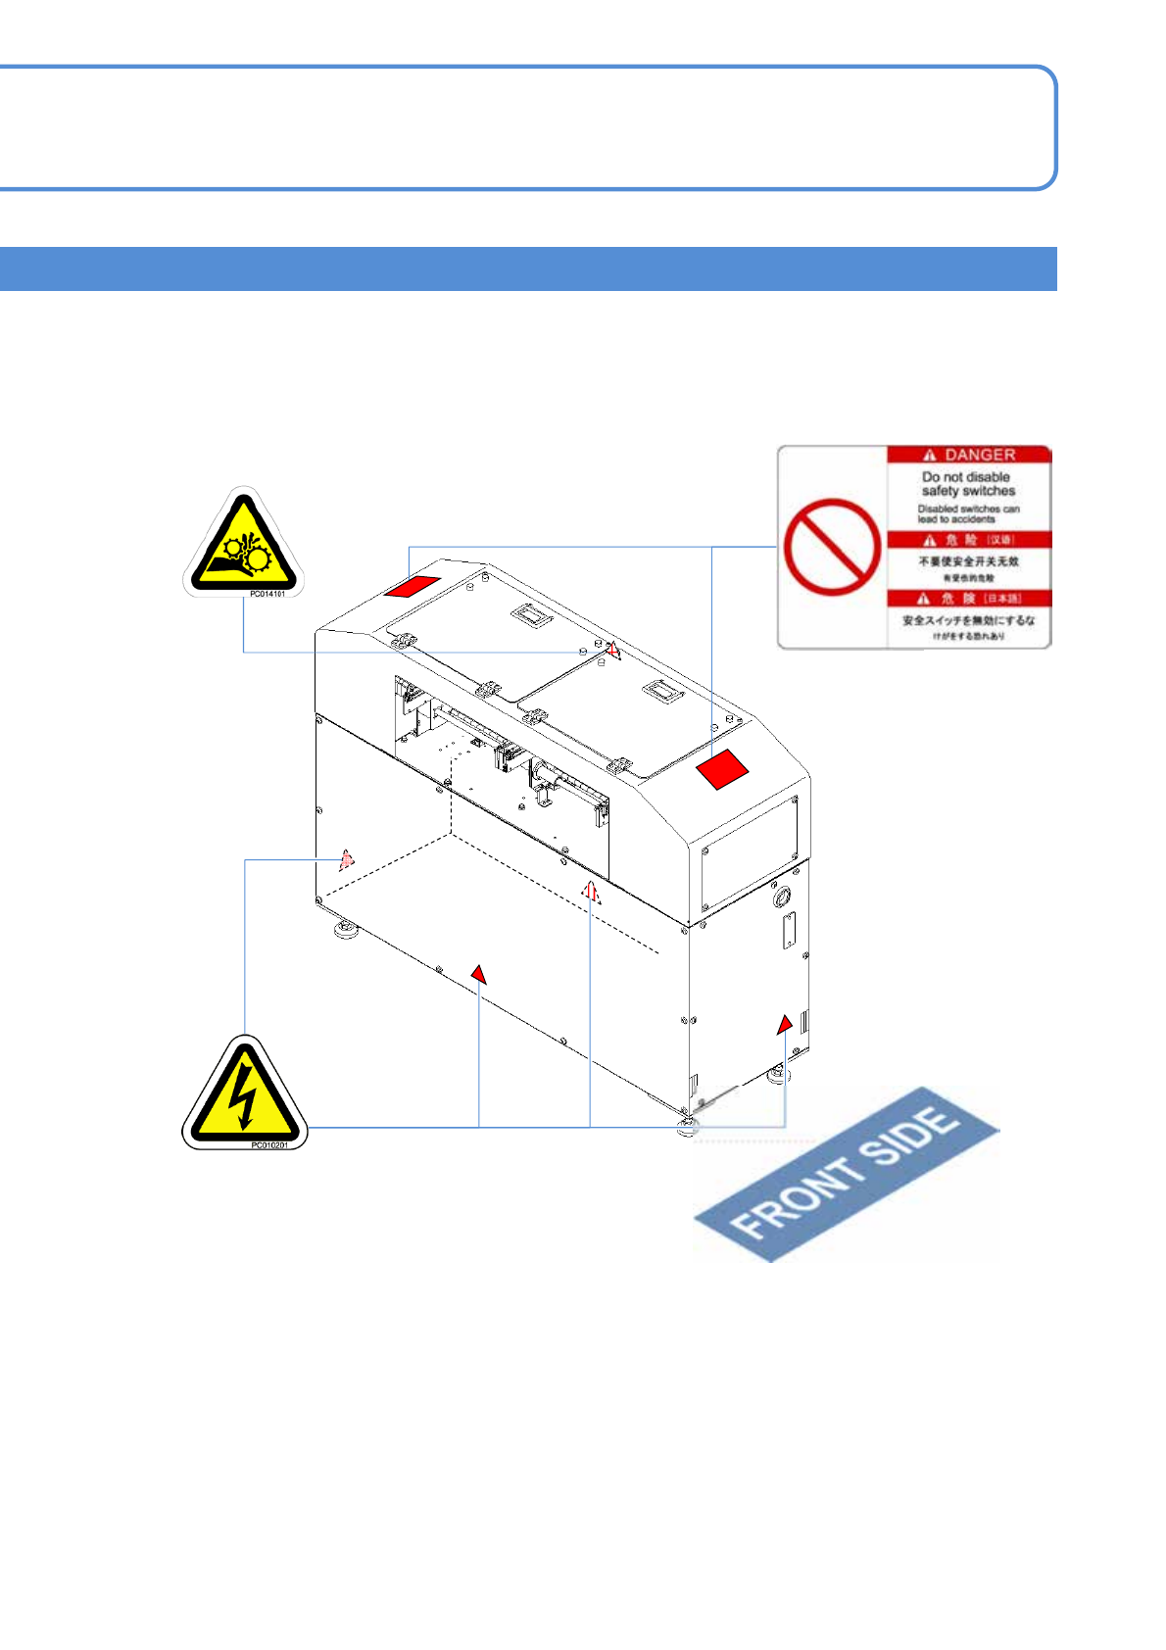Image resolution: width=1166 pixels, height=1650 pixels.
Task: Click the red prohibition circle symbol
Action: click(832, 547)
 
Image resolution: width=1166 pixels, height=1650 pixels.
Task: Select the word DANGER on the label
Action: click(979, 455)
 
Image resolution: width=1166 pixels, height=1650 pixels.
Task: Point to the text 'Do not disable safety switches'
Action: click(968, 484)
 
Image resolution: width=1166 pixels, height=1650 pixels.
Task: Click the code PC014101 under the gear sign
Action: click(267, 594)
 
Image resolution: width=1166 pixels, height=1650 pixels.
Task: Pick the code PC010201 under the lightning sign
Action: click(268, 1144)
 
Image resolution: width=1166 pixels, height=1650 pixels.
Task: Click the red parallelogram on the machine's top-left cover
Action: click(413, 586)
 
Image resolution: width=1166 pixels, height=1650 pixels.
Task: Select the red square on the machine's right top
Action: click(722, 769)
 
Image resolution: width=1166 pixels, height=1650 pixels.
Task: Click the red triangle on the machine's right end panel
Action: click(784, 1025)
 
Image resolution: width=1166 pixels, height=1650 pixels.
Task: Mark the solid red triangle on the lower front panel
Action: click(478, 973)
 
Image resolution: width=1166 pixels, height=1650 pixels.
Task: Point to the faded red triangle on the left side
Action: click(346, 859)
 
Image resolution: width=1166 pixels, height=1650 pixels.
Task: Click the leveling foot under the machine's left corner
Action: click(345, 929)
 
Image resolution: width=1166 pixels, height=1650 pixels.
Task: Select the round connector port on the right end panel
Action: click(782, 896)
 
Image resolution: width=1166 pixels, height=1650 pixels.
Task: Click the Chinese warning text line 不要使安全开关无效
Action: click(968, 561)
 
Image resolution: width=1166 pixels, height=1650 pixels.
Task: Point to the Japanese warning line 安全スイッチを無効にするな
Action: click(968, 620)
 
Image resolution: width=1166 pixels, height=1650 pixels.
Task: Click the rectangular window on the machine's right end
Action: click(750, 852)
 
